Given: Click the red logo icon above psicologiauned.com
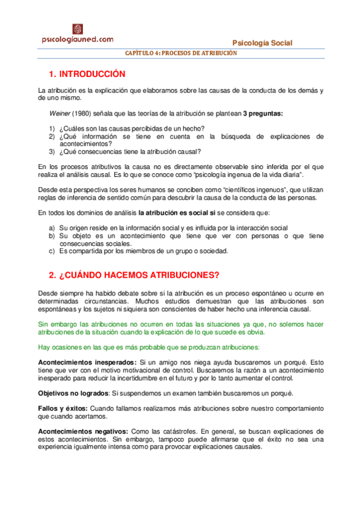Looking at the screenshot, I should click(78, 29).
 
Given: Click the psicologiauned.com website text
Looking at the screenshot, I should click(78, 40).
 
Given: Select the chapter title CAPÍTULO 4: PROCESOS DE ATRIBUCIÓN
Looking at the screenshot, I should click(181, 54).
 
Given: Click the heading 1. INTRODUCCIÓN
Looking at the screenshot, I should click(87, 74).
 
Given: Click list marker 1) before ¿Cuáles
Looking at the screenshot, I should click(52, 128).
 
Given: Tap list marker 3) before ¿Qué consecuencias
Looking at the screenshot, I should click(52, 152).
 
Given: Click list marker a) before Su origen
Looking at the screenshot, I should click(52, 227).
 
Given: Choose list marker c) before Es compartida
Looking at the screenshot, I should click(52, 251).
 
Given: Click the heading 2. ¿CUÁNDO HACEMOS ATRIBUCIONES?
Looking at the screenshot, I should click(134, 275).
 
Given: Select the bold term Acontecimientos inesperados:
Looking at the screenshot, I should click(87, 363).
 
